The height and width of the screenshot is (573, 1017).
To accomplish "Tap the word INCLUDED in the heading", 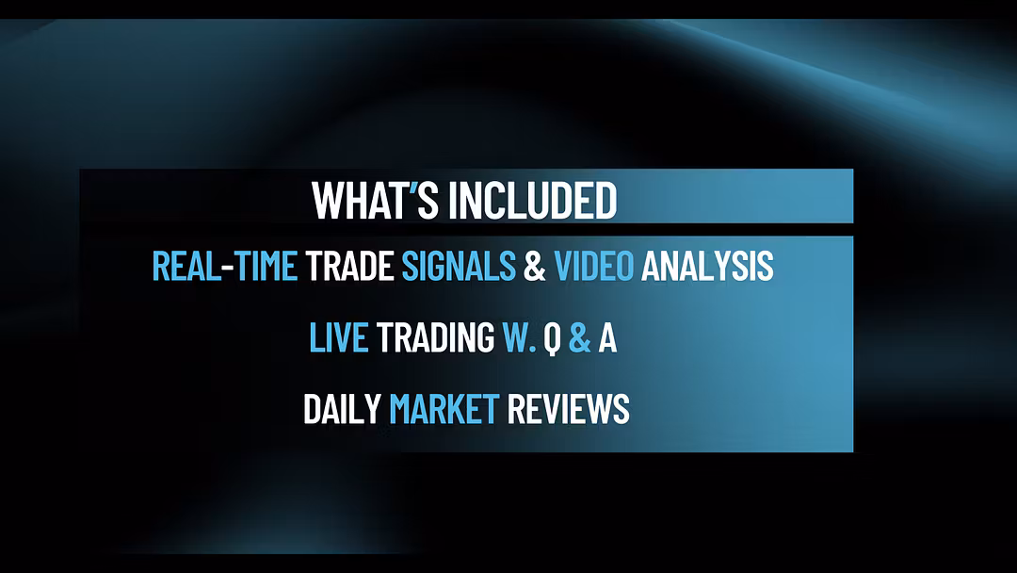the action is tap(532, 200).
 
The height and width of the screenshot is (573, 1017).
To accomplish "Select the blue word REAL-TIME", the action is tap(224, 266).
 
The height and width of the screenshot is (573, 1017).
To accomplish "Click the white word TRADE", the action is tap(349, 266).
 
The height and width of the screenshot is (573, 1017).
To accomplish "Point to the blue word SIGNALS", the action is tap(459, 266).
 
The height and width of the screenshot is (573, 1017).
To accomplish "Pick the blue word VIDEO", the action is tap(593, 266).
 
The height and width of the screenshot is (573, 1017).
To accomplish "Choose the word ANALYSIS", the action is tap(707, 266).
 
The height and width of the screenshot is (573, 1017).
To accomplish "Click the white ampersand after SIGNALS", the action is tap(535, 266).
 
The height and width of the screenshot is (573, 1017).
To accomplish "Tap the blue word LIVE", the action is tap(339, 337).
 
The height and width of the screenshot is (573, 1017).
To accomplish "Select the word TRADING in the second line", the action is tap(435, 337).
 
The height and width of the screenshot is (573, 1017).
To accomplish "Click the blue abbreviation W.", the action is tap(519, 337).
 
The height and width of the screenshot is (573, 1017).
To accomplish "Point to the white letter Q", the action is tap(552, 338).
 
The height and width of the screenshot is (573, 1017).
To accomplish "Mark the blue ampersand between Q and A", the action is tap(580, 337).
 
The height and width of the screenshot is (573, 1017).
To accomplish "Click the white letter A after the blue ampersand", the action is tap(607, 337).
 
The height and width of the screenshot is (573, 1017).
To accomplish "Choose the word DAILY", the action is tap(342, 409).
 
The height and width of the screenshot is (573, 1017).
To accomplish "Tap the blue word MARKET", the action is tap(444, 409).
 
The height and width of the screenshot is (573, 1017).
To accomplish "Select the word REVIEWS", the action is tap(568, 409).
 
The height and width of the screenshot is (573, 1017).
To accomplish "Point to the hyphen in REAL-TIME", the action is tap(228, 268).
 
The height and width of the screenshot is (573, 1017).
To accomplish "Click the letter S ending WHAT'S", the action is tap(428, 200).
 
